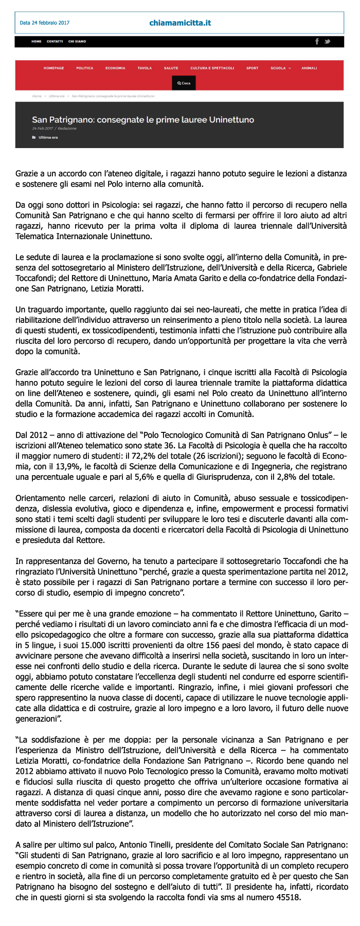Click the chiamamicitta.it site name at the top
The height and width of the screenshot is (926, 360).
tap(180, 23)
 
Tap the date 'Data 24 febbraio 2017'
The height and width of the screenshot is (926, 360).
tap(44, 23)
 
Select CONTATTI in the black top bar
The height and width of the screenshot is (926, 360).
tap(55, 41)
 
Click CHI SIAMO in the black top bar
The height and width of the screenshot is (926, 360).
tap(77, 41)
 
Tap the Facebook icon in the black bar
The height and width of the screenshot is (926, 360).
tap(317, 41)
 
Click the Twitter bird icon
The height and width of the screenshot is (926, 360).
tap(327, 41)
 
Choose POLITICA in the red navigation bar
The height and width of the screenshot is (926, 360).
tap(85, 68)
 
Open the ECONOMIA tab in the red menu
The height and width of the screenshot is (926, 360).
tap(115, 68)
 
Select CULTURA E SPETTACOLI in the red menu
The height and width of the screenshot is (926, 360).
tap(212, 68)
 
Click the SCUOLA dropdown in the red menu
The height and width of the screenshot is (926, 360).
tap(280, 68)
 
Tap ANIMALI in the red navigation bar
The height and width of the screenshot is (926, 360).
tap(309, 68)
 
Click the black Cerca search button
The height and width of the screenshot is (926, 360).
tap(184, 83)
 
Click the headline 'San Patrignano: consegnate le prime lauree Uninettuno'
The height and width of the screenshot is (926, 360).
tap(143, 119)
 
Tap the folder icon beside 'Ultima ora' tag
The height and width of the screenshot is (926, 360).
tap(34, 137)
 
